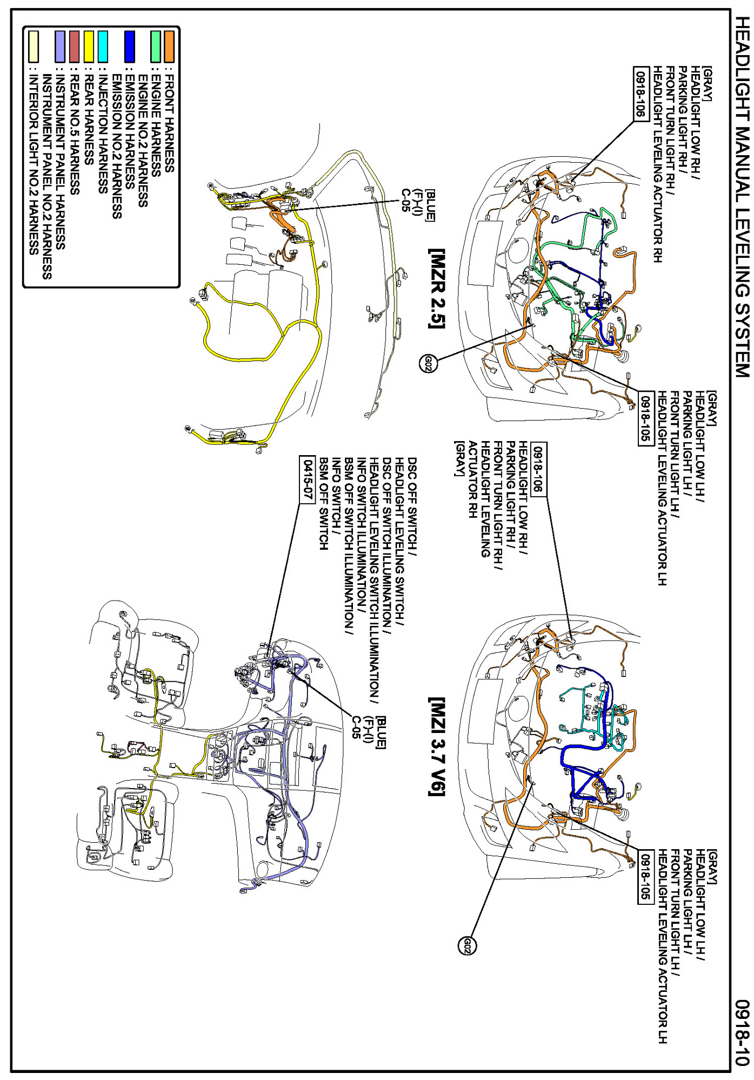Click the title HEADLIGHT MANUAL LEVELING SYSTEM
[x=742, y=197]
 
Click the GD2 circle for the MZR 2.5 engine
[x=427, y=364]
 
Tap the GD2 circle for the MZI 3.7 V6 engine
[x=468, y=945]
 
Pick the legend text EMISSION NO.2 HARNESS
[x=116, y=146]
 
